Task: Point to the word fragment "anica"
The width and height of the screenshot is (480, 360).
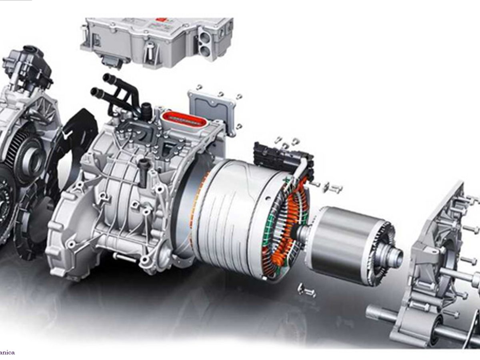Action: click(x=7, y=352)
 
